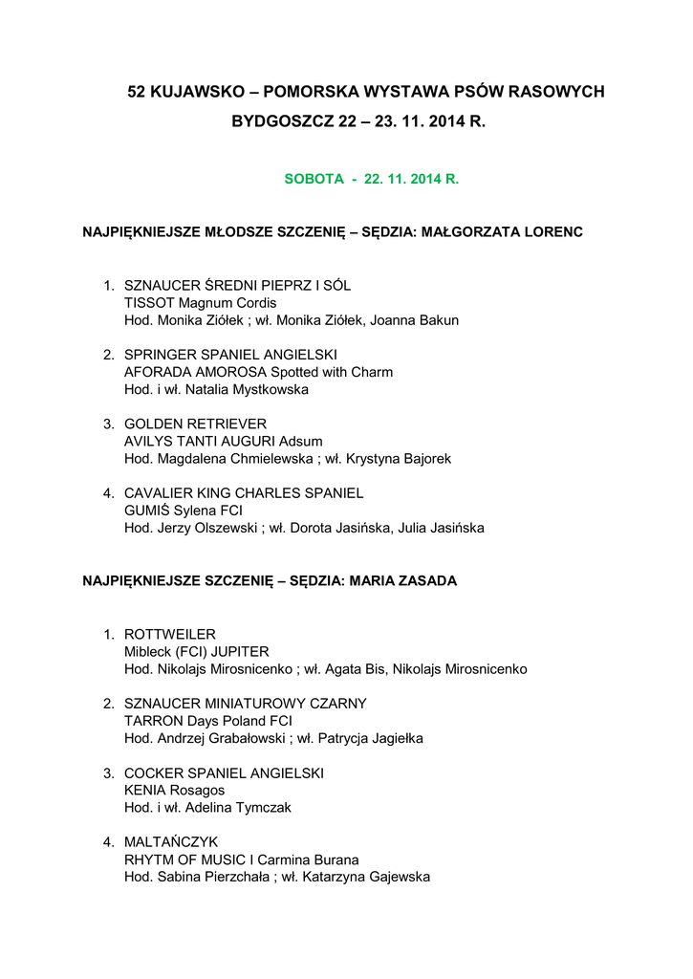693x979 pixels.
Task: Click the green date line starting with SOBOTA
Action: (x=372, y=179)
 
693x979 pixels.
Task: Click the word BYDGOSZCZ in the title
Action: (x=283, y=122)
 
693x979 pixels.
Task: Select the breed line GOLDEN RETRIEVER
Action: (x=196, y=424)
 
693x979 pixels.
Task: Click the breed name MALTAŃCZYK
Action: (x=171, y=841)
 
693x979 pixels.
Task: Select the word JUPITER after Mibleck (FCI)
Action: (x=240, y=651)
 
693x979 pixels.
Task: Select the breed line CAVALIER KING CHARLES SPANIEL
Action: (x=244, y=493)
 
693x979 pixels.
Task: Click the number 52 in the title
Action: (x=138, y=93)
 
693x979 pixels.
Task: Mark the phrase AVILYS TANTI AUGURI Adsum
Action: (x=224, y=441)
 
